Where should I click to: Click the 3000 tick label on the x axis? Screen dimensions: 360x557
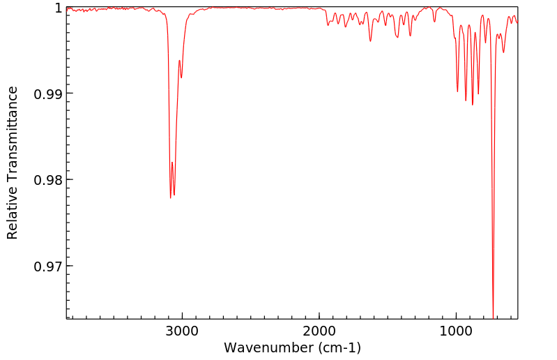coord(182,333)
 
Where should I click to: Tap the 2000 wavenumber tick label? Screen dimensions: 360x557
coord(319,333)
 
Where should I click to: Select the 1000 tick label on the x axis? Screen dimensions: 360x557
coord(456,333)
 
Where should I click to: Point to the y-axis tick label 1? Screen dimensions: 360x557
coord(59,8)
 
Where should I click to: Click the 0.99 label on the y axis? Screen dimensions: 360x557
coord(48,93)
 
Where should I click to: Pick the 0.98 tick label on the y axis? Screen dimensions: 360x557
coord(48,180)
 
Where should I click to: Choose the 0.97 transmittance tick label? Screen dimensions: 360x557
coord(48,266)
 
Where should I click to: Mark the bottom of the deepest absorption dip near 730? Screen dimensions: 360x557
coord(493,317)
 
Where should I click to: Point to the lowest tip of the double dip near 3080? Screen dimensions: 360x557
coord(170,198)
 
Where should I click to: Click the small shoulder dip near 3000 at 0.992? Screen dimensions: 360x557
coord(181,77)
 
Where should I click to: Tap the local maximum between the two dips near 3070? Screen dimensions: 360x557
coord(172,163)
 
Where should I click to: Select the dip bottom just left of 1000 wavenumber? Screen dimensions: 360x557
coord(457,91)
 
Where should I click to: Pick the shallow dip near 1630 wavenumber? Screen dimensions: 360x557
coord(370,41)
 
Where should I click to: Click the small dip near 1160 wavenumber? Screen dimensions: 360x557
coord(434,22)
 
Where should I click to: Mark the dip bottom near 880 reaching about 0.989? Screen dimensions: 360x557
coord(473,105)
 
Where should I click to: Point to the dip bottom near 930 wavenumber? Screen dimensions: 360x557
coord(466,100)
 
